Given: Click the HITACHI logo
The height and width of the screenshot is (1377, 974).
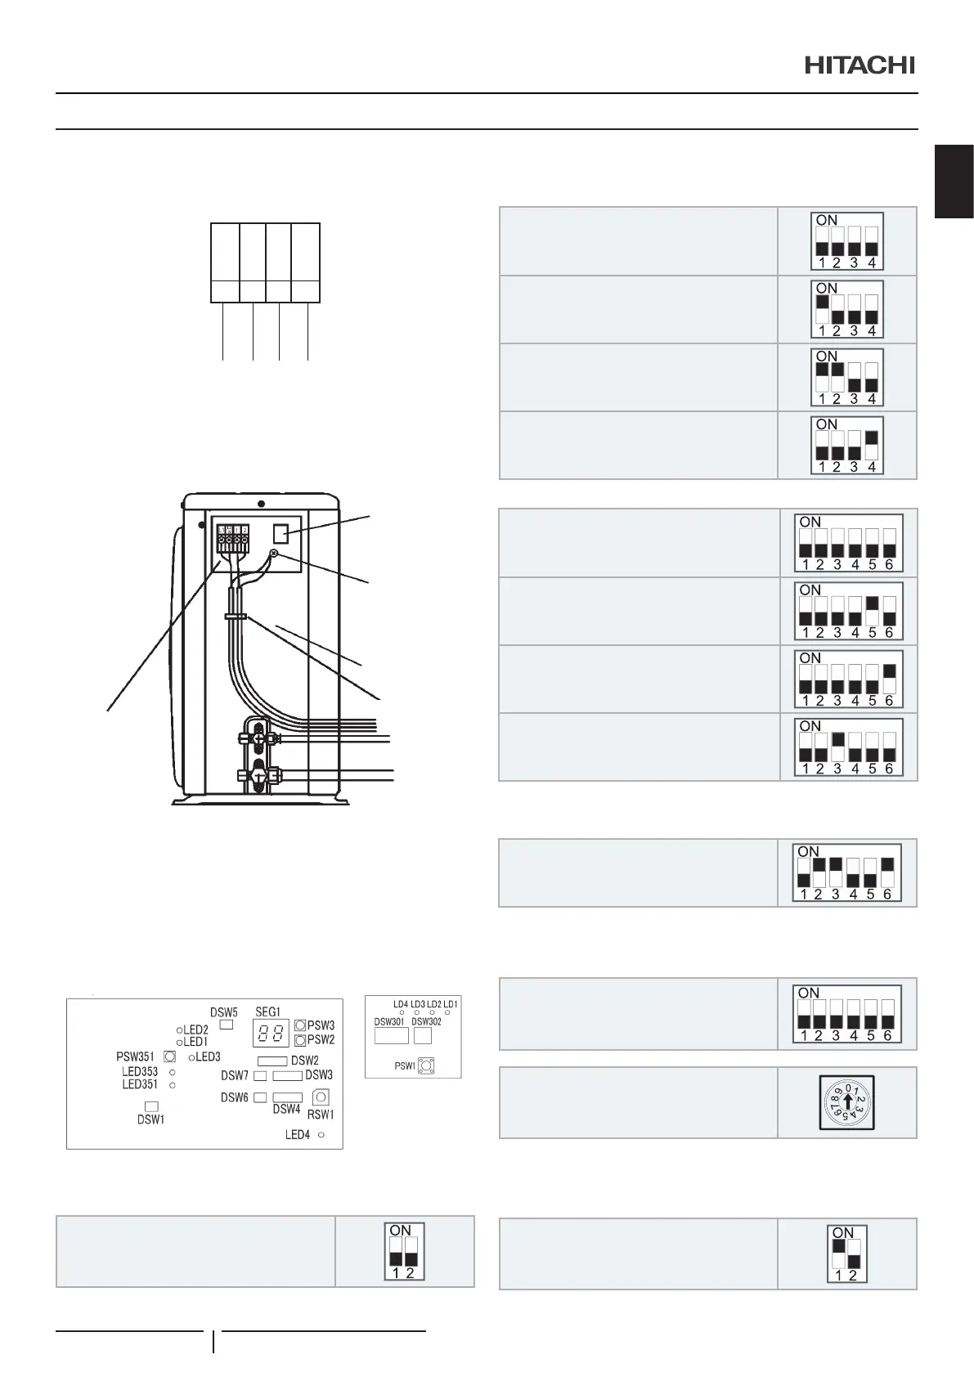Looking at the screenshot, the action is [860, 65].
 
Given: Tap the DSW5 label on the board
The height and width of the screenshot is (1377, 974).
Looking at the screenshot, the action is [224, 1013].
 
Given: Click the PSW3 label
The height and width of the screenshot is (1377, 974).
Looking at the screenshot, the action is [321, 1025].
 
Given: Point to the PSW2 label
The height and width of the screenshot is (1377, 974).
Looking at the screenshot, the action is [321, 1040].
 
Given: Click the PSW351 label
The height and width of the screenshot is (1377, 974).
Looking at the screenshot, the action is [135, 1057].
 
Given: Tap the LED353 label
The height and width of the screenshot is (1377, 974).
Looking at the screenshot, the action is [140, 1071].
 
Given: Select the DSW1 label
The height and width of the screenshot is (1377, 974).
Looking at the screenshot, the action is [151, 1119].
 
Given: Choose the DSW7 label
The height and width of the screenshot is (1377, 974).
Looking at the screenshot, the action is [235, 1075].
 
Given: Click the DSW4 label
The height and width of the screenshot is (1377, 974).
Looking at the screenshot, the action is [287, 1110].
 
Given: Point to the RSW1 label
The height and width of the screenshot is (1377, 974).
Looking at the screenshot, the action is [321, 1115].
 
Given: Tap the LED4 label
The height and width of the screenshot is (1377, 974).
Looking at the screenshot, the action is [298, 1135].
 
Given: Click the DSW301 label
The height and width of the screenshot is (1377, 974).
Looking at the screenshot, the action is [389, 1022].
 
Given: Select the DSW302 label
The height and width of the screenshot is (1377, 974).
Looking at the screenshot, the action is [426, 1022].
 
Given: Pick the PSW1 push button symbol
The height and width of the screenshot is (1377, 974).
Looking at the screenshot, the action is [426, 1065].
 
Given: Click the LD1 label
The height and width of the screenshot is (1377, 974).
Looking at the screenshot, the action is [451, 1004].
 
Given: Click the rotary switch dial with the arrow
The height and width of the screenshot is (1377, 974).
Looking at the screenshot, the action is [847, 1103].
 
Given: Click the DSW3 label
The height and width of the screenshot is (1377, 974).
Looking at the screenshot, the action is [319, 1075].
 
